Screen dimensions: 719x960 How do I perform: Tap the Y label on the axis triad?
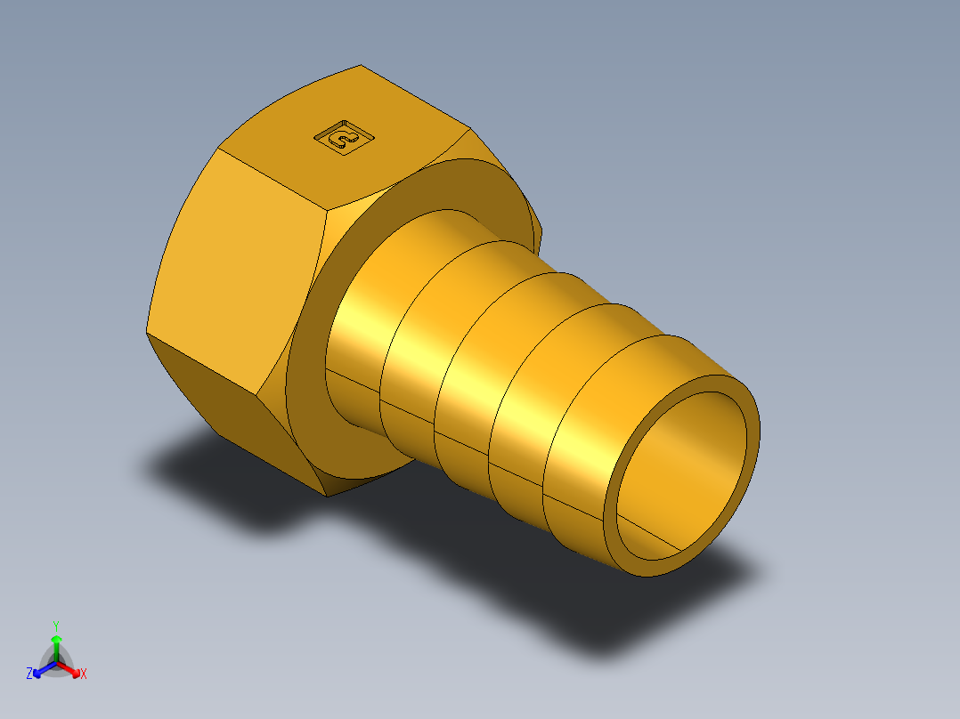(x=55, y=625)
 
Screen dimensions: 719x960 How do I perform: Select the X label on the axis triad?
(x=84, y=675)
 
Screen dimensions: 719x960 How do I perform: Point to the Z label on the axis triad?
(x=29, y=675)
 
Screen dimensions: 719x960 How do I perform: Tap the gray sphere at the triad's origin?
(x=56, y=662)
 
